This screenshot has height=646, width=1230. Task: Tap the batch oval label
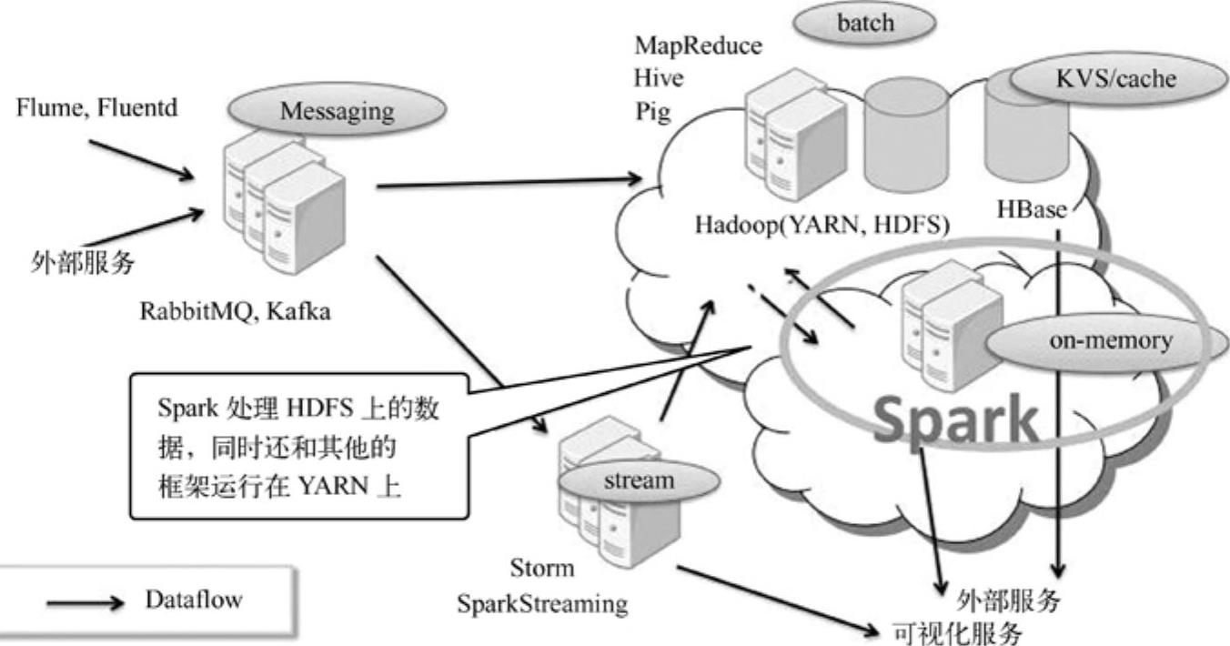click(x=865, y=25)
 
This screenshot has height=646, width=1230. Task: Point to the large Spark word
click(x=955, y=419)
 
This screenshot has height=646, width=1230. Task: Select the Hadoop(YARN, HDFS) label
click(x=822, y=225)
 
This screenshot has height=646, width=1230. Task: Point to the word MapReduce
click(x=698, y=45)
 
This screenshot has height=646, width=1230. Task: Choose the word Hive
click(x=660, y=78)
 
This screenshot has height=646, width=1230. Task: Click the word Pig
click(x=652, y=111)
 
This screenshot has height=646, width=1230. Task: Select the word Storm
click(x=542, y=570)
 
